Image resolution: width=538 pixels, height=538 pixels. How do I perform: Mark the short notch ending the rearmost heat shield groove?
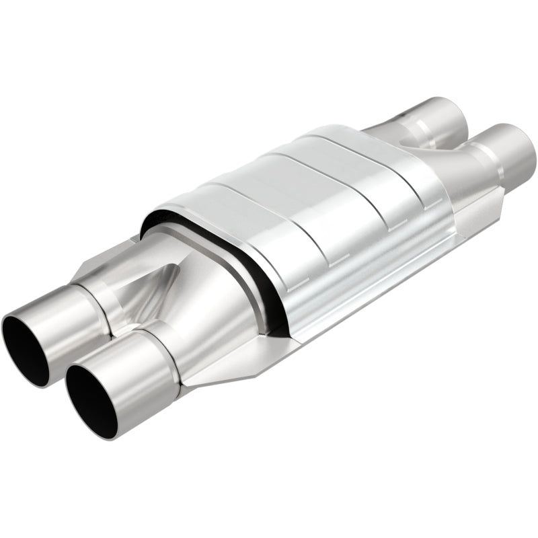click(x=420, y=199)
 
